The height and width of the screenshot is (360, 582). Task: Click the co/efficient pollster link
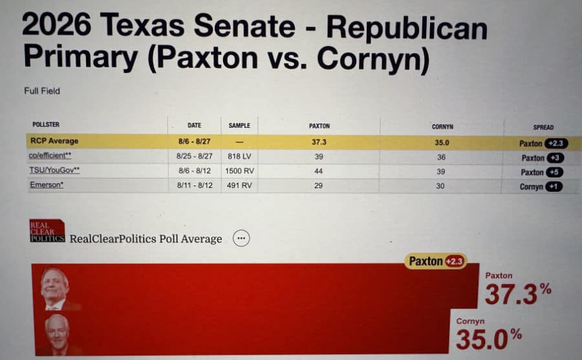(x=50, y=157)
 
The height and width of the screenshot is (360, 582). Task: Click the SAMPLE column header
(x=239, y=125)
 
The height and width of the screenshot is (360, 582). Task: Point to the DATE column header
(x=194, y=125)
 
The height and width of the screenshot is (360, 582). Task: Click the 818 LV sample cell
(x=239, y=156)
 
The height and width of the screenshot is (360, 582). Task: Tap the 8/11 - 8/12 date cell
(x=194, y=185)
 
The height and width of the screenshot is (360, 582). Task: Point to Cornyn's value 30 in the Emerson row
(x=442, y=186)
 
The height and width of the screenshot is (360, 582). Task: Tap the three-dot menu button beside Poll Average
(x=241, y=238)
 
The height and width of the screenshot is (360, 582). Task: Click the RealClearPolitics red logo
(x=47, y=231)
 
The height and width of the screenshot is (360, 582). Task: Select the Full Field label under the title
(x=42, y=91)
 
